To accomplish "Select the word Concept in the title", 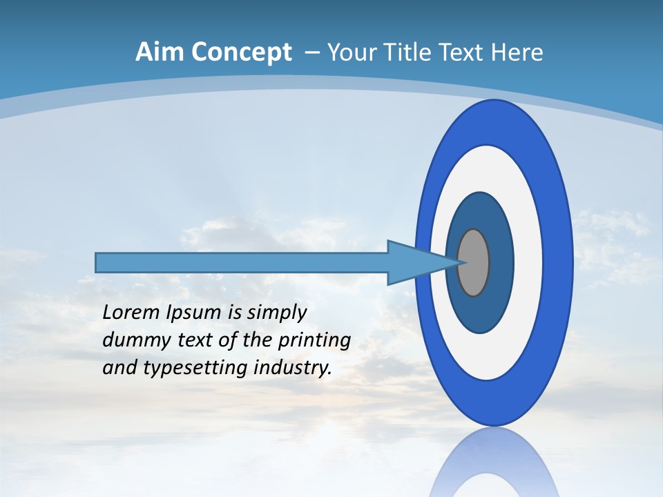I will (242, 52).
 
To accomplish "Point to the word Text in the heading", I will (463, 52).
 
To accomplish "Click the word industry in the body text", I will (293, 368).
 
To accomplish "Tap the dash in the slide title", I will (311, 53).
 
